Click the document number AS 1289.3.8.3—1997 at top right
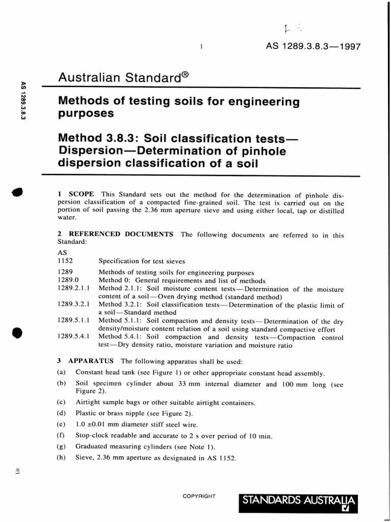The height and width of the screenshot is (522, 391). [x=313, y=46]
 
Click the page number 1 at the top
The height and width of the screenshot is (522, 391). [x=202, y=47]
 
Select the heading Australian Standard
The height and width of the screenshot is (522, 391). [x=119, y=78]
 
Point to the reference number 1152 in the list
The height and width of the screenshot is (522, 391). [x=66, y=261]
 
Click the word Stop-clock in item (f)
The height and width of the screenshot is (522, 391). [x=92, y=435]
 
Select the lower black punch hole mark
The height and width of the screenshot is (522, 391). [x=17, y=332]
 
